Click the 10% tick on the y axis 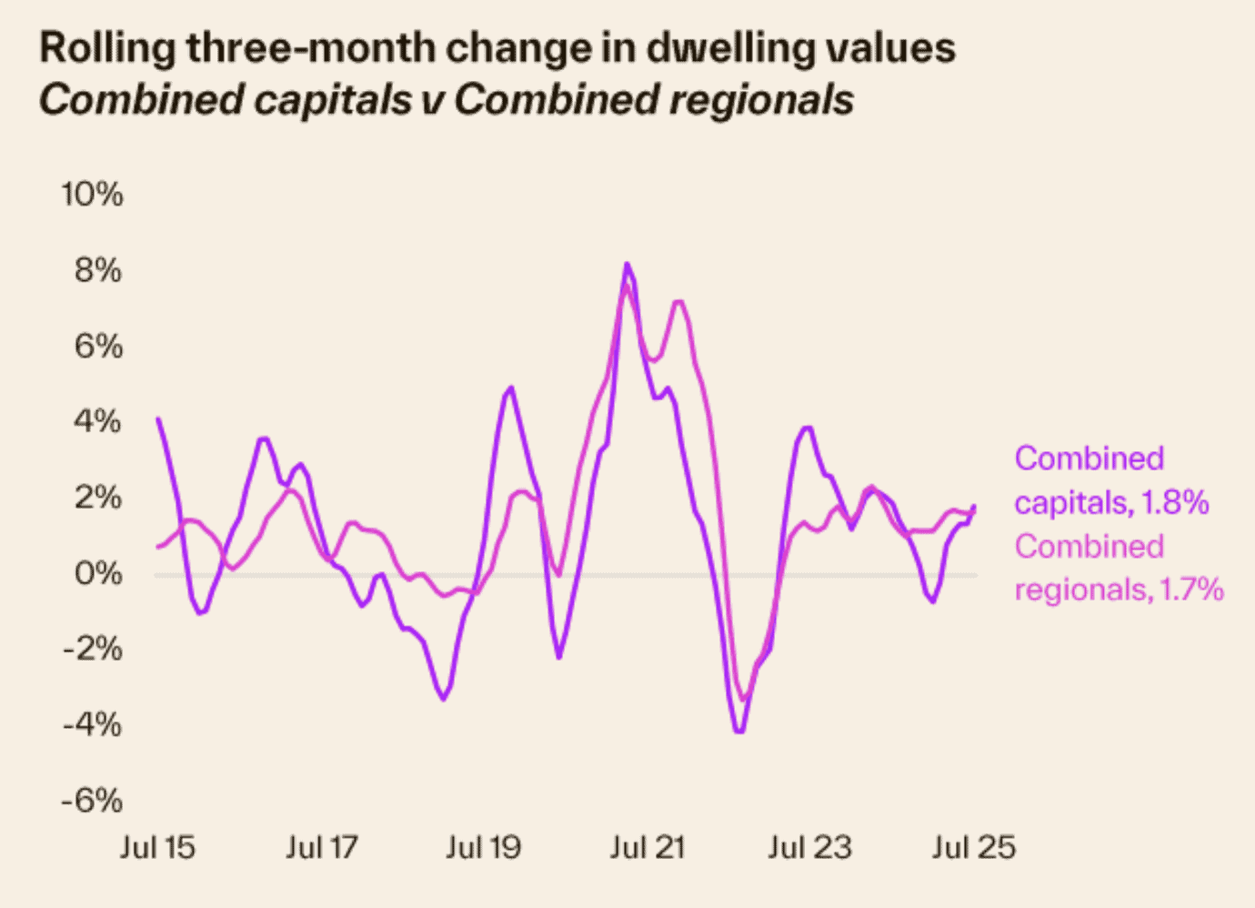[92, 195]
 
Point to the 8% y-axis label [97, 270]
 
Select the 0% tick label [97, 573]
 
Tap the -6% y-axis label [92, 801]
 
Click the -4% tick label [92, 725]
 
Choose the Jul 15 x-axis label [157, 848]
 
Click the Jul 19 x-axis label [483, 848]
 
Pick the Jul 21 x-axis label [647, 848]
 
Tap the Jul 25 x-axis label [973, 848]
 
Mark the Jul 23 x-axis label [809, 848]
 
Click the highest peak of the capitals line [627, 265]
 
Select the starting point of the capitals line [158, 419]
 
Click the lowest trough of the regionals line [743, 699]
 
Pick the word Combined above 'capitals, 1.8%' [1089, 459]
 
